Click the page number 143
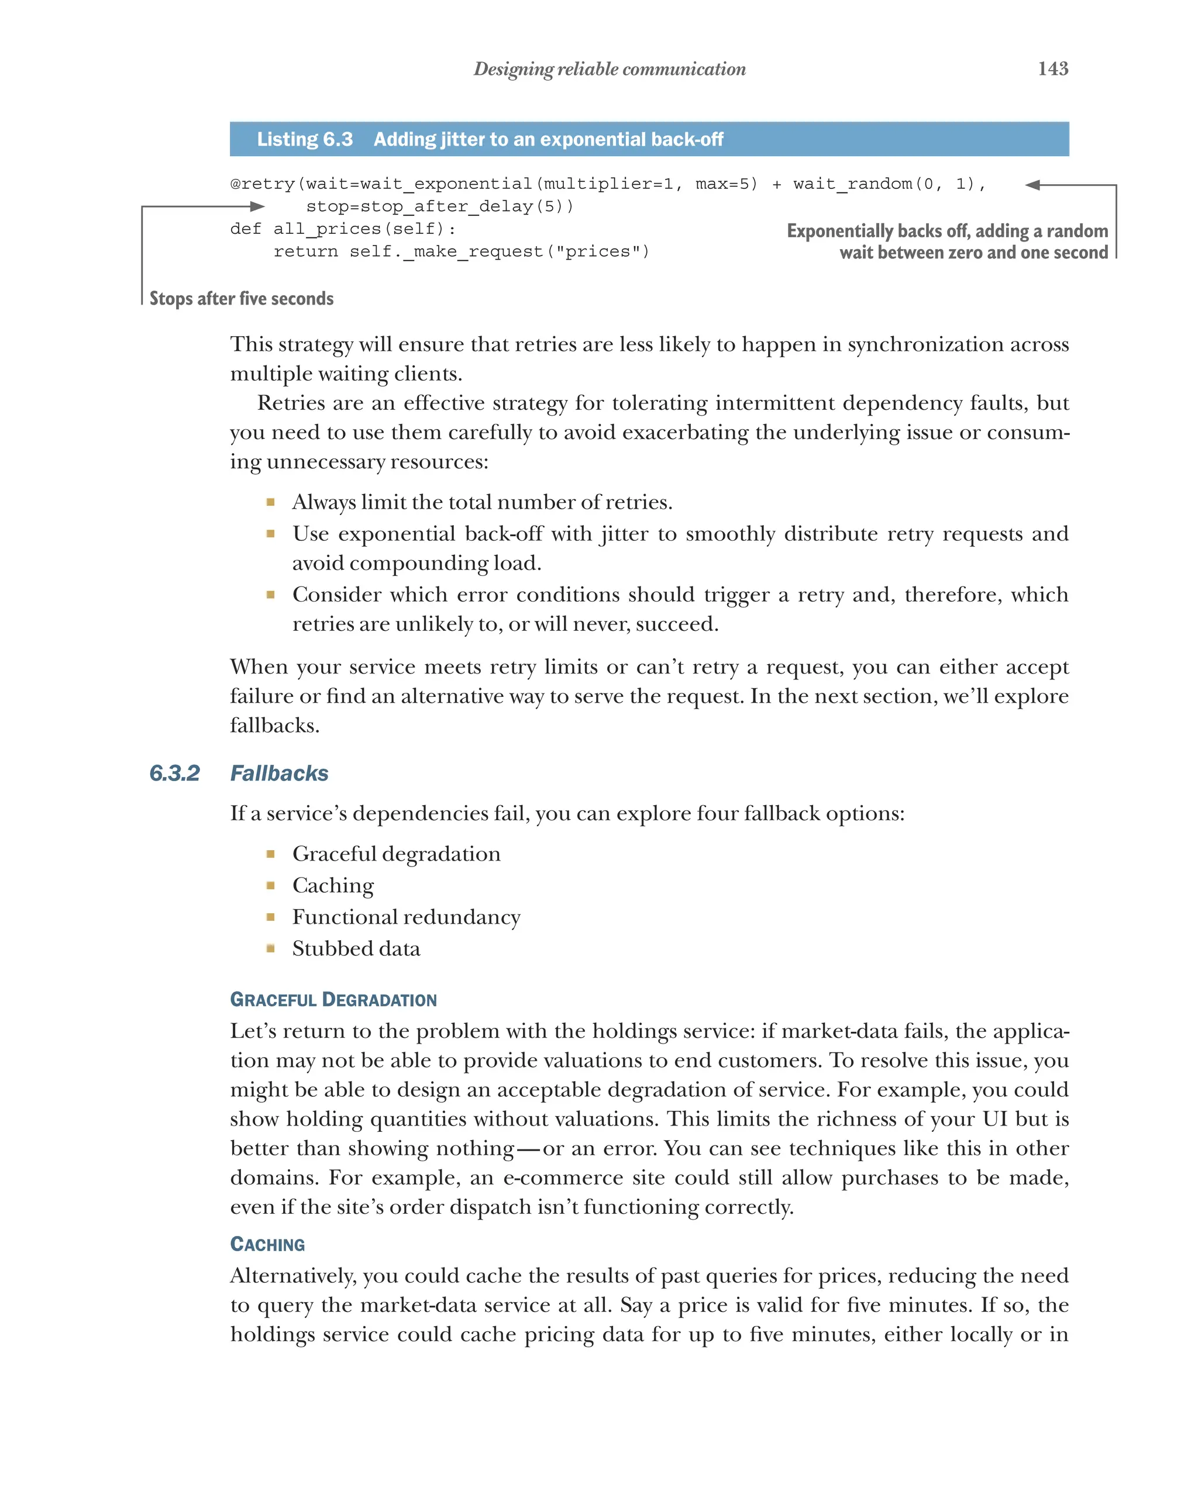tap(1052, 68)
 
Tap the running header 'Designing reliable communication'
tap(609, 69)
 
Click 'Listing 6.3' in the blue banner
tap(305, 139)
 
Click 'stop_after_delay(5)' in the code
tap(439, 206)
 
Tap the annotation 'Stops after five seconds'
tap(241, 298)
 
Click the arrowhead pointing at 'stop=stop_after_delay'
tap(257, 206)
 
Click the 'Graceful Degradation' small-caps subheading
tap(333, 1000)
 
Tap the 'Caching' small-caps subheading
tap(267, 1244)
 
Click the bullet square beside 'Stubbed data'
tap(270, 948)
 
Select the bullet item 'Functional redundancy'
tap(405, 917)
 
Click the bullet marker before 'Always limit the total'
tap(270, 502)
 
